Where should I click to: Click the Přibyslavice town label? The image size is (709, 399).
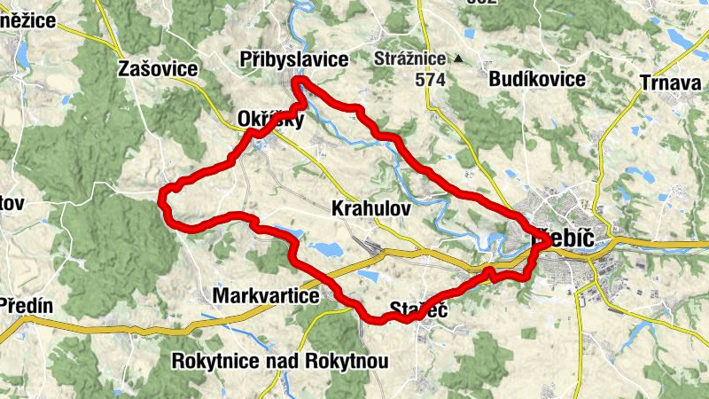tap(293, 59)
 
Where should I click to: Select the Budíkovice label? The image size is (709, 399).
tap(537, 79)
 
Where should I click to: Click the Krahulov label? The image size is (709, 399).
tap(370, 208)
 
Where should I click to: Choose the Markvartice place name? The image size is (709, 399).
tap(266, 296)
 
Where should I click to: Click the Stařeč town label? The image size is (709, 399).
tap(416, 310)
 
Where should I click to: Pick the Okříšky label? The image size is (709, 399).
tap(271, 119)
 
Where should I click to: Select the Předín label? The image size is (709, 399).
tap(27, 307)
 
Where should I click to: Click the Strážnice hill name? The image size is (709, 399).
tap(411, 60)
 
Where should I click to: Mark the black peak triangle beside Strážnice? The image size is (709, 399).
tap(458, 60)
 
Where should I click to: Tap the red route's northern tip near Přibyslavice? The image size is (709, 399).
tap(300, 82)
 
